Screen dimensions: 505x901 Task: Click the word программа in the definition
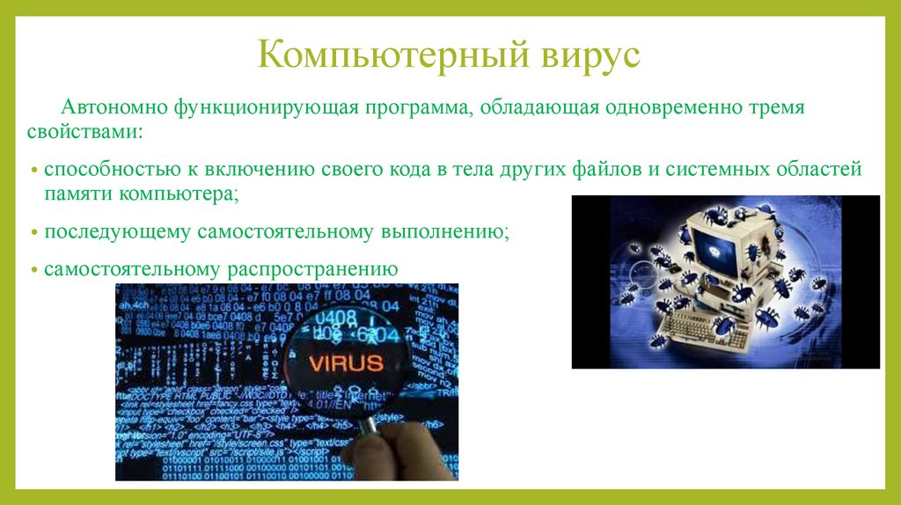coord(416,110)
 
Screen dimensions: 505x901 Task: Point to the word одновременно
coord(667,110)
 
